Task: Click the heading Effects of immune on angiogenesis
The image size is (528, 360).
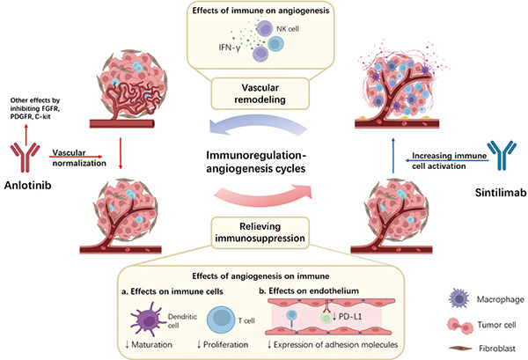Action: coord(264,11)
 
